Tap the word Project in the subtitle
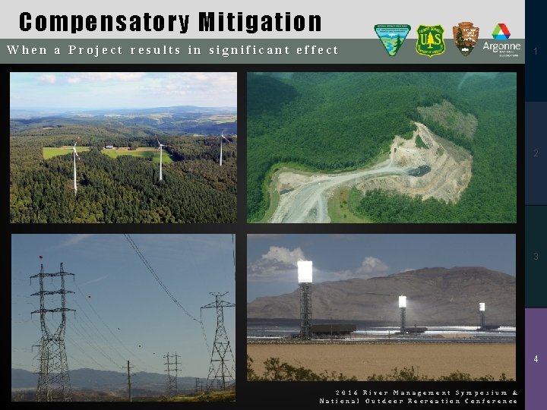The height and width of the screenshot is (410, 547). click(95, 50)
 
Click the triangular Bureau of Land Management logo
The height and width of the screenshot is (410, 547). click(392, 39)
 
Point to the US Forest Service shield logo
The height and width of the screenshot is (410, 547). click(430, 40)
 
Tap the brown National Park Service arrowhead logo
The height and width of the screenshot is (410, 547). click(465, 39)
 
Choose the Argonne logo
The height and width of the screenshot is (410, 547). click(501, 39)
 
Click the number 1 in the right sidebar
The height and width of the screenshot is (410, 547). click(536, 52)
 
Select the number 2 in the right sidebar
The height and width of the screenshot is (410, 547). click(536, 153)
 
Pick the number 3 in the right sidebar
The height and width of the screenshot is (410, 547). click(536, 257)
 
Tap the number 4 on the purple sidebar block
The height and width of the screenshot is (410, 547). click(536, 358)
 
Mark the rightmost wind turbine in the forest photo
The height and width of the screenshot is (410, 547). click(221, 147)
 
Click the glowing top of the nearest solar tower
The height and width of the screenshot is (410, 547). click(305, 272)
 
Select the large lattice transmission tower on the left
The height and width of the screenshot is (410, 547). click(52, 326)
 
